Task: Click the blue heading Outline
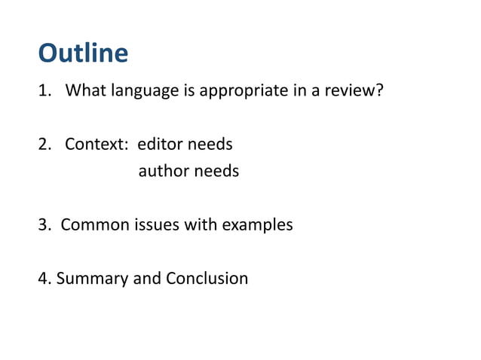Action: pyautogui.click(x=83, y=54)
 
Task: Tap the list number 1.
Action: pyautogui.click(x=44, y=92)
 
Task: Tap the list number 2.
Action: pyautogui.click(x=44, y=144)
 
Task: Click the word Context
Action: pyautogui.click(x=93, y=144)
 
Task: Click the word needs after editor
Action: pyautogui.click(x=209, y=144)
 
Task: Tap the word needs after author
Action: pyautogui.click(x=216, y=172)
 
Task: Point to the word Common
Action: pyautogui.click(x=93, y=224)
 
